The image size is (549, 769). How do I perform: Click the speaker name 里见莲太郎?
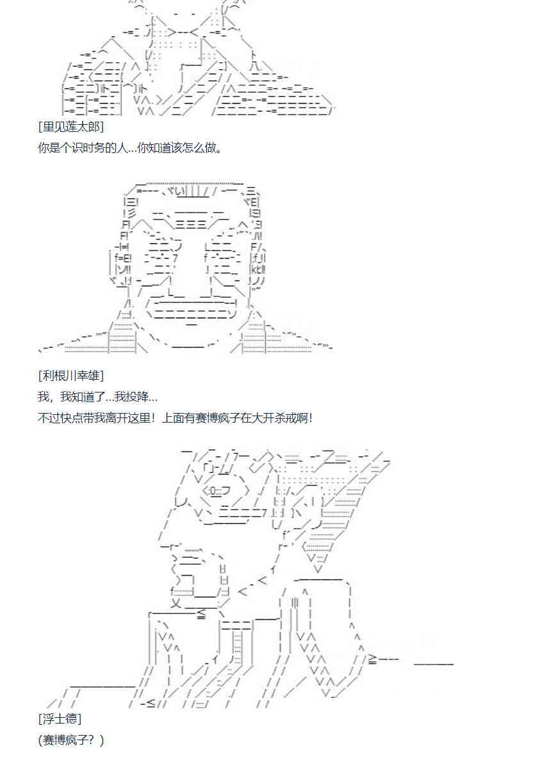click(x=71, y=127)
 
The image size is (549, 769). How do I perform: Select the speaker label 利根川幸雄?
click(x=71, y=375)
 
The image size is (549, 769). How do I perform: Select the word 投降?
click(x=133, y=397)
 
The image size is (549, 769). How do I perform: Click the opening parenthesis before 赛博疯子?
click(x=40, y=740)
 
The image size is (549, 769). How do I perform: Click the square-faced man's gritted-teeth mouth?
click(x=193, y=306)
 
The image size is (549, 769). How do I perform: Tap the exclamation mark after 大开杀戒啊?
click(x=311, y=418)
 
